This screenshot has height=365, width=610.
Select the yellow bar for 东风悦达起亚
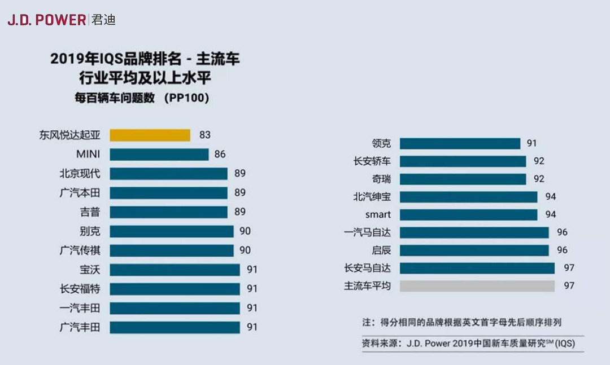pos(150,135)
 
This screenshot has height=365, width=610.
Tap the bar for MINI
pos(159,155)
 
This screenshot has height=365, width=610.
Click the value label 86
pos(220,155)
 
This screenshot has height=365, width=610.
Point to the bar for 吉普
pos(168,212)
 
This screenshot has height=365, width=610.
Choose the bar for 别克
pos(171,231)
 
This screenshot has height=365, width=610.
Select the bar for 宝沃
pos(175,270)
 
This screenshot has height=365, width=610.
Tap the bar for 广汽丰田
pos(175,327)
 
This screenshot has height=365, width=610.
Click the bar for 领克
pos(460,143)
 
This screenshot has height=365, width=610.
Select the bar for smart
pos(468,215)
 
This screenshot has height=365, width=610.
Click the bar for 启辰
pos(474,250)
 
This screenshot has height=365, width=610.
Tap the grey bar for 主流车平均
pos(477,286)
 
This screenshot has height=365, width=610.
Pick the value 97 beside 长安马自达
pos(568,268)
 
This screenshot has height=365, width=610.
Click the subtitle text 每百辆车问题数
pos(115,98)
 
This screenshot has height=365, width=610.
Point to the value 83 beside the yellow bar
pos(204,135)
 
